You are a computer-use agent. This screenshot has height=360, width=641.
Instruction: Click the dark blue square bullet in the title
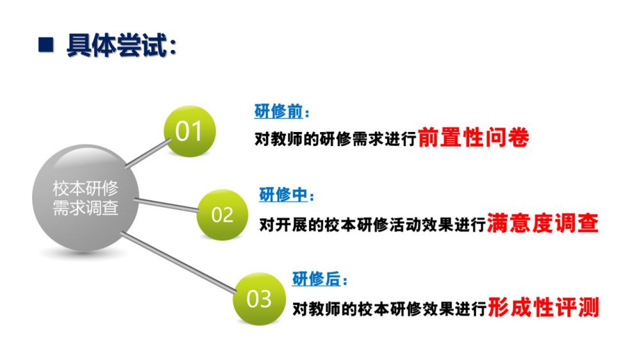(x=46, y=45)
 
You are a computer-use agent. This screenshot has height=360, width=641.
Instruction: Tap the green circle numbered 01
(x=189, y=131)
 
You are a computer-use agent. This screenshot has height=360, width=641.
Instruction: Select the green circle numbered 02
(x=222, y=215)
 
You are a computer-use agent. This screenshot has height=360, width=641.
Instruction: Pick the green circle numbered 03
(x=259, y=299)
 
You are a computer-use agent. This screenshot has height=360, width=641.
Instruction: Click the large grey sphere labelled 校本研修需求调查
(x=85, y=198)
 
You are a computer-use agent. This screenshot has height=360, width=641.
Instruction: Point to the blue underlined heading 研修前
(x=278, y=111)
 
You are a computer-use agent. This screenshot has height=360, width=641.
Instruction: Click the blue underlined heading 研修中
(x=283, y=195)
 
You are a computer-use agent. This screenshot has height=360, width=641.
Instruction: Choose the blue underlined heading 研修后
(x=317, y=279)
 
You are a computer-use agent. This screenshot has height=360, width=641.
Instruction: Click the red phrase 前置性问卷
(x=474, y=138)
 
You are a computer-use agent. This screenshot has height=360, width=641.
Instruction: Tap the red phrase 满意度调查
(x=543, y=223)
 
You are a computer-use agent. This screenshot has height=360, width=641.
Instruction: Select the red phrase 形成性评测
(x=544, y=307)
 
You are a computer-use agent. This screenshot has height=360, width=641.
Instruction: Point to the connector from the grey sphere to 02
(x=167, y=205)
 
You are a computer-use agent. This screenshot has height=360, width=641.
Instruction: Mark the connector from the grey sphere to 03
(x=179, y=263)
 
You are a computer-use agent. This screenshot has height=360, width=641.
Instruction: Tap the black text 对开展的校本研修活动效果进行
(x=372, y=225)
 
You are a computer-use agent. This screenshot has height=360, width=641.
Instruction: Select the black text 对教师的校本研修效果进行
(x=390, y=309)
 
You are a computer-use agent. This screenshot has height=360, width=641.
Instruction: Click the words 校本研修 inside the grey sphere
(x=85, y=188)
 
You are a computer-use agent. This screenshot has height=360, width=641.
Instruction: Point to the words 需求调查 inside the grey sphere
(x=85, y=208)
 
